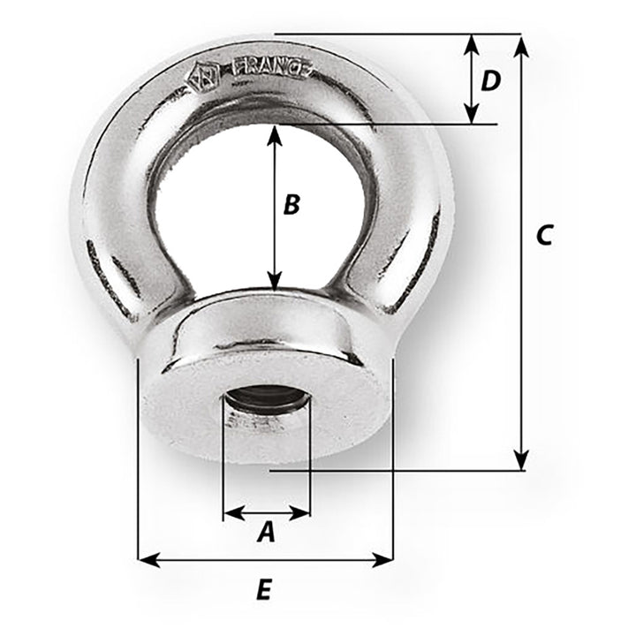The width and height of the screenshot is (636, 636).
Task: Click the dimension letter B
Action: [291, 205]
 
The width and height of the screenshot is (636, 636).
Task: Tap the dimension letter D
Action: [490, 81]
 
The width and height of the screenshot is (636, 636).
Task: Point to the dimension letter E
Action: [263, 590]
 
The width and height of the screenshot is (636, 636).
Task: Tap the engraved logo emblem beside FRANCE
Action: [201, 77]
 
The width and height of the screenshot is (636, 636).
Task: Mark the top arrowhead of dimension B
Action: [276, 133]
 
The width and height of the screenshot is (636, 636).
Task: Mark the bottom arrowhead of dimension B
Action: [276, 282]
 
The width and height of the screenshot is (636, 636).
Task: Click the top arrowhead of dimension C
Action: [521, 43]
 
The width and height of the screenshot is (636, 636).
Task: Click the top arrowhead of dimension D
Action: [472, 43]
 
